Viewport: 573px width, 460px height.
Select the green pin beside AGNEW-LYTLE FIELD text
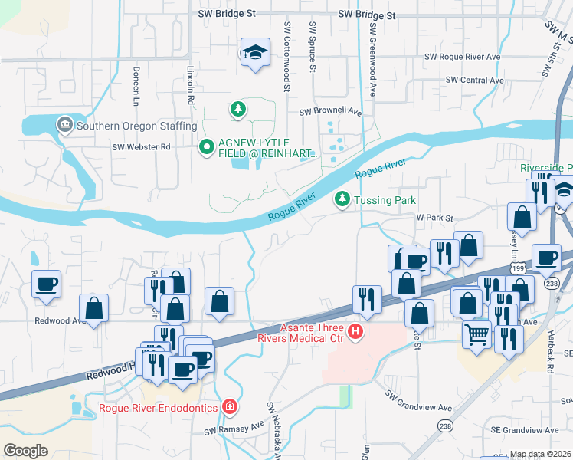point(205,146)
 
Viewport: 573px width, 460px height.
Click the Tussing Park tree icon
point(342,200)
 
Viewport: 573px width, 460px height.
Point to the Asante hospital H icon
point(355,332)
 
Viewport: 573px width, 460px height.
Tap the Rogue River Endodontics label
point(159,407)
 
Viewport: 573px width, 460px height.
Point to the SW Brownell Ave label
point(330,111)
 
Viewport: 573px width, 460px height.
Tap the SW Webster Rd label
point(141,147)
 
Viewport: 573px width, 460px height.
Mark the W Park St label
point(435,218)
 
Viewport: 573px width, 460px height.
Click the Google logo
point(25,451)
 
